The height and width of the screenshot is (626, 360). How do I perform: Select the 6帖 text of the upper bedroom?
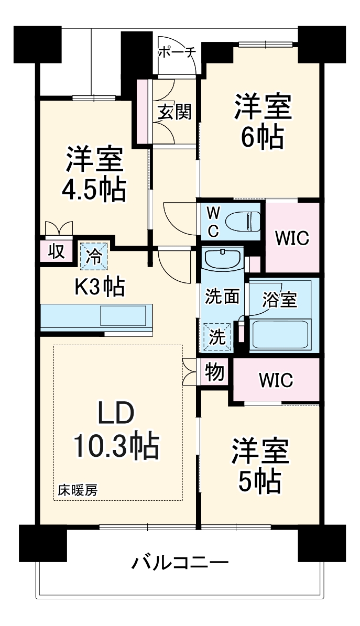pos(262,137)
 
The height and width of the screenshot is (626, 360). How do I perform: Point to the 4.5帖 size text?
pos(94,190)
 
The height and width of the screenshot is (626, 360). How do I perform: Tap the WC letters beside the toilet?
pos(213,220)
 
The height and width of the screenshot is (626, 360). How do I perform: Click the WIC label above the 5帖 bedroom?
pos(276,380)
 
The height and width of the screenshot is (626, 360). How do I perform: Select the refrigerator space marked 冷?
pos(95,256)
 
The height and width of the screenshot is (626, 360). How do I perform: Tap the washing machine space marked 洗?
pos(216,336)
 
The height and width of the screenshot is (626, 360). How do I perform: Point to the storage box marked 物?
pos(215,372)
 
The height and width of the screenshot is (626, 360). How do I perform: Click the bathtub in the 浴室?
pos(280,333)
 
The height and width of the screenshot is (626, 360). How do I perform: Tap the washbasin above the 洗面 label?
pos(222,260)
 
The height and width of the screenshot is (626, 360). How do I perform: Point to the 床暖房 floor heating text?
pos(77,491)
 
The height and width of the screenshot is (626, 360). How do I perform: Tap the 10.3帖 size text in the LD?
pos(116,445)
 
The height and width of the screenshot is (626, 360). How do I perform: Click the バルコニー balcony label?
pos(180,564)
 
